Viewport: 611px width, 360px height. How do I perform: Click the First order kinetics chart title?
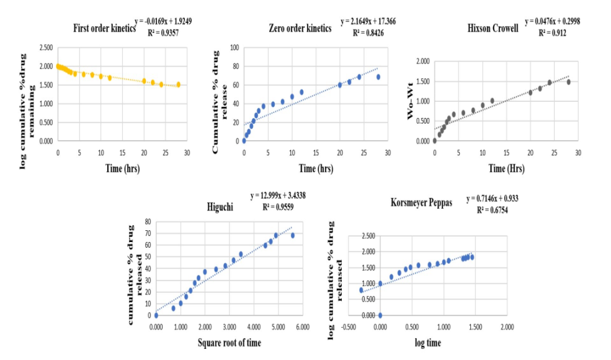104,28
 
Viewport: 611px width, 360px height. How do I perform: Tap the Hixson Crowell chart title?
493,28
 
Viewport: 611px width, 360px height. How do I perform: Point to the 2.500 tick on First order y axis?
45,47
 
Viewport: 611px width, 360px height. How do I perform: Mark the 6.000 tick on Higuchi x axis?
302,326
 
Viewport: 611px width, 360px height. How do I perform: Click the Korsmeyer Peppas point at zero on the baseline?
380,315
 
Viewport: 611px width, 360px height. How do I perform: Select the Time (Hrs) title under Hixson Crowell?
504,168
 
